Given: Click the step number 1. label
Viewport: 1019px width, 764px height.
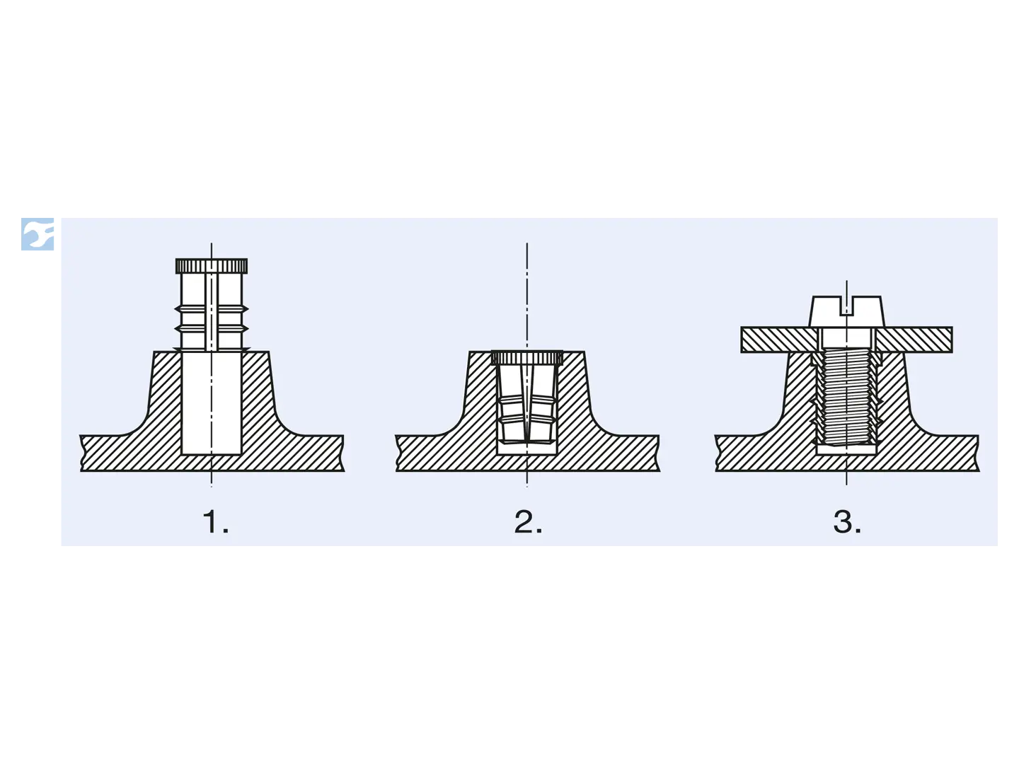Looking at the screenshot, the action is pyautogui.click(x=215, y=522).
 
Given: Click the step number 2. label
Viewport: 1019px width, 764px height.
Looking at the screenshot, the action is pyautogui.click(x=528, y=522).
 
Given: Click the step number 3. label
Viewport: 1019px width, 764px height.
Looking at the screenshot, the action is pyautogui.click(x=847, y=522).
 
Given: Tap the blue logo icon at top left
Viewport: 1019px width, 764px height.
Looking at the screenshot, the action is pyautogui.click(x=37, y=233).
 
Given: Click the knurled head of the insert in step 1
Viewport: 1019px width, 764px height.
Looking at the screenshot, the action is pyautogui.click(x=211, y=266).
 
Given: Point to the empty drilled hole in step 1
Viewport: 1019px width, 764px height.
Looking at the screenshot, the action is pyautogui.click(x=211, y=403).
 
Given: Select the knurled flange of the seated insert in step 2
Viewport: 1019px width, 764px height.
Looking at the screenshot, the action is pyautogui.click(x=527, y=358).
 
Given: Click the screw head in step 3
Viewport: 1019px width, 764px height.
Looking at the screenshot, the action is pyautogui.click(x=847, y=311).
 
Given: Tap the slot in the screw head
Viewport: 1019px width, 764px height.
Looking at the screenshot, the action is pyautogui.click(x=847, y=306).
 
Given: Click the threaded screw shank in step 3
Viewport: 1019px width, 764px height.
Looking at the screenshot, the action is pyautogui.click(x=847, y=397).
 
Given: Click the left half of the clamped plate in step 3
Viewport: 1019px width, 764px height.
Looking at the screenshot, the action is pyautogui.click(x=778, y=340).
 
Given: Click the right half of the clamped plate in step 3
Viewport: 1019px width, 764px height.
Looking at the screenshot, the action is pyautogui.click(x=914, y=340).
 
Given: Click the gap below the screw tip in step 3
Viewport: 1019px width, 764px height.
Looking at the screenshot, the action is pyautogui.click(x=846, y=449).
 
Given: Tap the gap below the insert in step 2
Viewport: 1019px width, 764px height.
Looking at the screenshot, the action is pyautogui.click(x=527, y=448).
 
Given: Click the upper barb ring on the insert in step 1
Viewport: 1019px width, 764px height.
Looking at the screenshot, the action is pyautogui.click(x=211, y=309).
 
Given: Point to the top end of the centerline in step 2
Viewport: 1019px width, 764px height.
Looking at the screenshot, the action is pyautogui.click(x=527, y=243).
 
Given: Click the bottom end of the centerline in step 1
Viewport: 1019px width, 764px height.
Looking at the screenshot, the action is pyautogui.click(x=211, y=486).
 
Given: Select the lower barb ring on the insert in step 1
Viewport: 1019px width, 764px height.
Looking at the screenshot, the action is pyautogui.click(x=211, y=329).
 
